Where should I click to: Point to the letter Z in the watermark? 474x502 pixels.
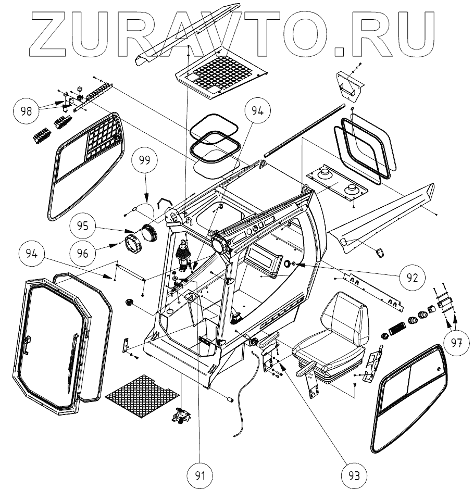pos(55,32)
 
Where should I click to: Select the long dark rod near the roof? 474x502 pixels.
pos(305,130)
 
